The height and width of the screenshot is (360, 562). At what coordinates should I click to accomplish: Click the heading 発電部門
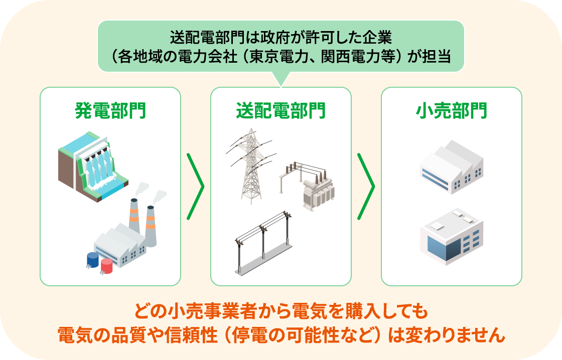point(110,110)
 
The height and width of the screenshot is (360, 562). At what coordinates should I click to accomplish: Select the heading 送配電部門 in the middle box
point(280,110)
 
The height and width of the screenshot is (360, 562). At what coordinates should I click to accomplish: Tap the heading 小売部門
point(451,110)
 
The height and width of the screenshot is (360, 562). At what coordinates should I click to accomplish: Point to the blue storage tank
point(92,260)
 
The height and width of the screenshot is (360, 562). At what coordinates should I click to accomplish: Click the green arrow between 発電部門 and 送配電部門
point(196,187)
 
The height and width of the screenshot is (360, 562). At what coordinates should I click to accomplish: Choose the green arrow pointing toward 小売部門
point(366,187)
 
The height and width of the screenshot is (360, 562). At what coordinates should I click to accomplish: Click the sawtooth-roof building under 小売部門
point(452,167)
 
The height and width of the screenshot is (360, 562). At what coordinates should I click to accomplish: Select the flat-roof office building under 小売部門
point(452,237)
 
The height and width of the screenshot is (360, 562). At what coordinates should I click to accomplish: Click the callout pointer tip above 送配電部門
point(281,86)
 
